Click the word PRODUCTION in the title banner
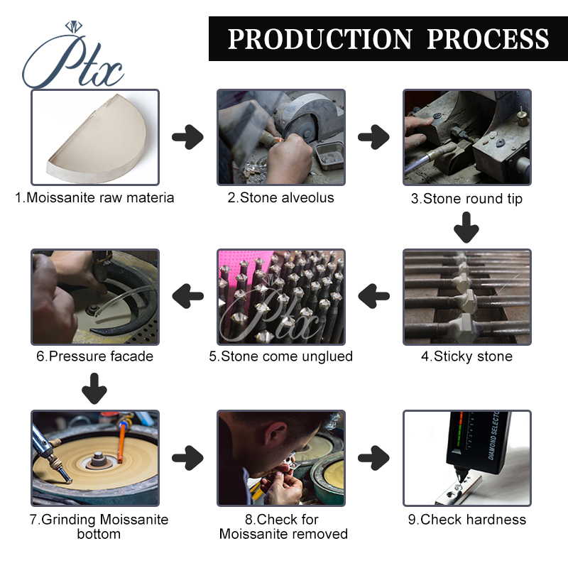(320, 39)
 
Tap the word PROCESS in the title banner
(488, 39)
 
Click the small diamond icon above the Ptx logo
(74, 26)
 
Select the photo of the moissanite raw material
(95, 137)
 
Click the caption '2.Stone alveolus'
(280, 198)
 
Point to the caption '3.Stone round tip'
(466, 199)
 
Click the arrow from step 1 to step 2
(187, 137)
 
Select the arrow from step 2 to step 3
(373, 137)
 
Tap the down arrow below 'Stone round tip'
(466, 227)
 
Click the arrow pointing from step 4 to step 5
(373, 296)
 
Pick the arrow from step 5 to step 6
(187, 296)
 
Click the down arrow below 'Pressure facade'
(94, 388)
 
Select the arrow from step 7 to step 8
(187, 458)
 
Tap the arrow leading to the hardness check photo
(373, 458)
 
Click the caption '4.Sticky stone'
(467, 356)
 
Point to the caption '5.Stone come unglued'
(280, 356)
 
